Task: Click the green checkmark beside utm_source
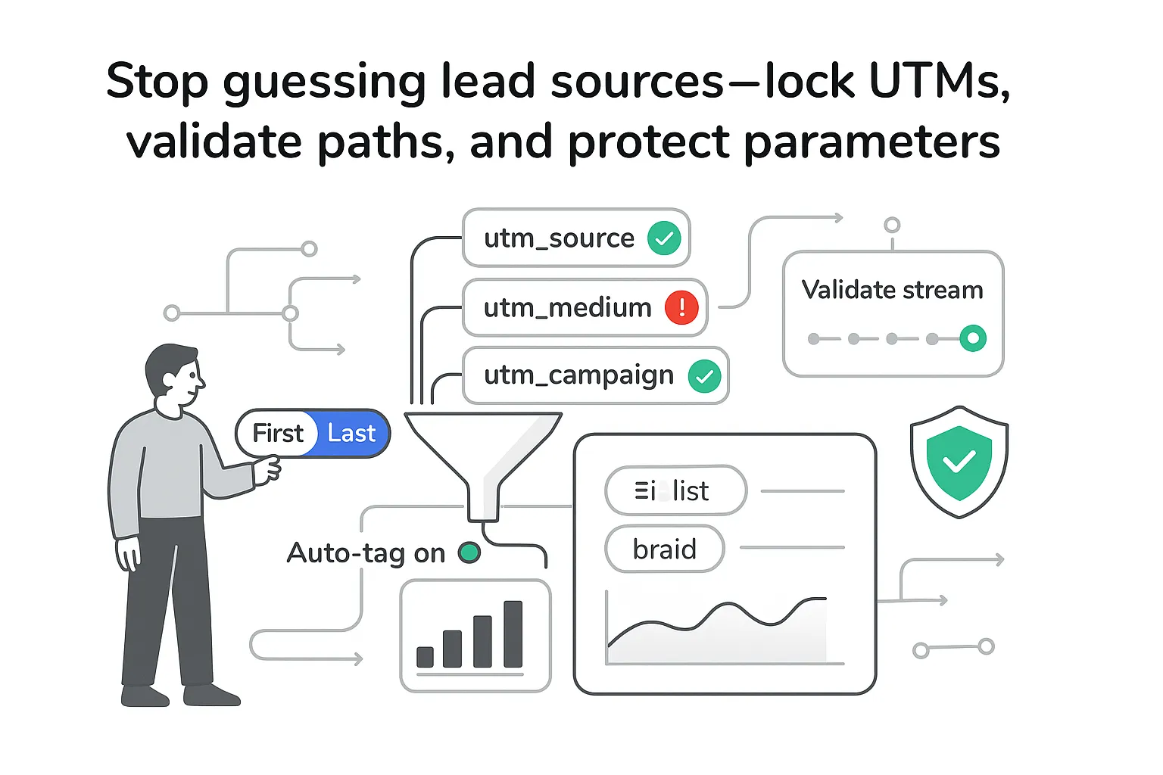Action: click(664, 238)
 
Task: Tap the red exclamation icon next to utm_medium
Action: click(681, 307)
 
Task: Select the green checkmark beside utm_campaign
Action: click(704, 376)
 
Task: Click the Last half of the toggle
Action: click(351, 434)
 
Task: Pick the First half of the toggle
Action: click(277, 434)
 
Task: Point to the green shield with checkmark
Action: click(959, 462)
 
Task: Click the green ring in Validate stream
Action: click(973, 338)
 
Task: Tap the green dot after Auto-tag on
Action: click(469, 553)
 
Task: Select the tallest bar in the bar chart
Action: click(513, 634)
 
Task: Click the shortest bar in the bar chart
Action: click(426, 657)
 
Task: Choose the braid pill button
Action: click(664, 549)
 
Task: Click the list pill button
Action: click(675, 491)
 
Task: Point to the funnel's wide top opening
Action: click(483, 419)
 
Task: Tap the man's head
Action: click(174, 375)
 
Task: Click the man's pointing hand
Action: click(267, 469)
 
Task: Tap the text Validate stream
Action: click(892, 290)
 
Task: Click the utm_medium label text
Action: click(567, 308)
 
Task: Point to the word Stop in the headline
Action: click(157, 81)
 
